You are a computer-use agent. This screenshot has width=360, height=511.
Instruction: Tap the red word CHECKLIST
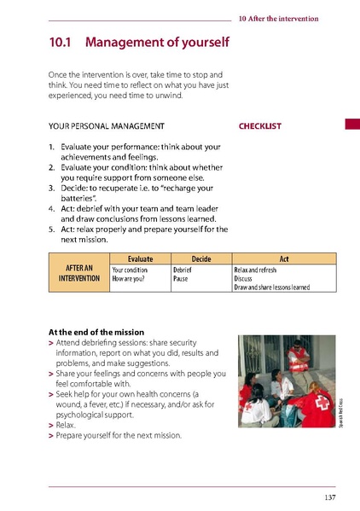(260, 126)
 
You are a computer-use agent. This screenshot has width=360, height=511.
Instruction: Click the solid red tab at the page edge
(352, 125)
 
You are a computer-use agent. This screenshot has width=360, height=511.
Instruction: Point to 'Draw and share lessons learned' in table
(271, 287)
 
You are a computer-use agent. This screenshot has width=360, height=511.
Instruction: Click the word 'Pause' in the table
(181, 278)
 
